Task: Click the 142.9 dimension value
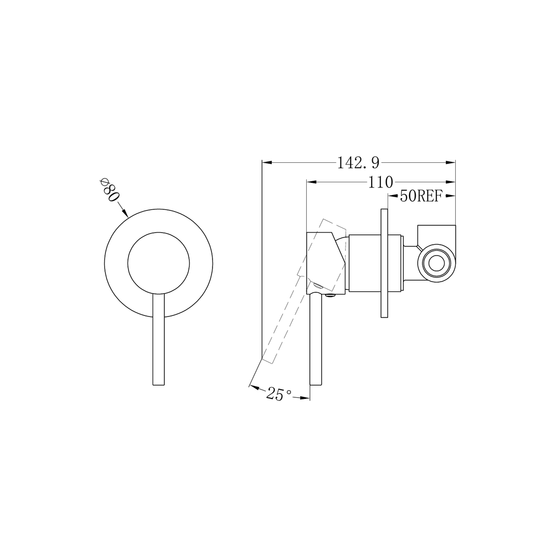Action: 358,163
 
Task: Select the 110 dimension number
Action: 380,182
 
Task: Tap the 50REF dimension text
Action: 420,196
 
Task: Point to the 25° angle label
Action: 279,394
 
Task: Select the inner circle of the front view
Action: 158,263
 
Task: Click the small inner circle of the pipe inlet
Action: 437,264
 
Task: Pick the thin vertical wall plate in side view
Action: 385,263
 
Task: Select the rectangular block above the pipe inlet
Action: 437,233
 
